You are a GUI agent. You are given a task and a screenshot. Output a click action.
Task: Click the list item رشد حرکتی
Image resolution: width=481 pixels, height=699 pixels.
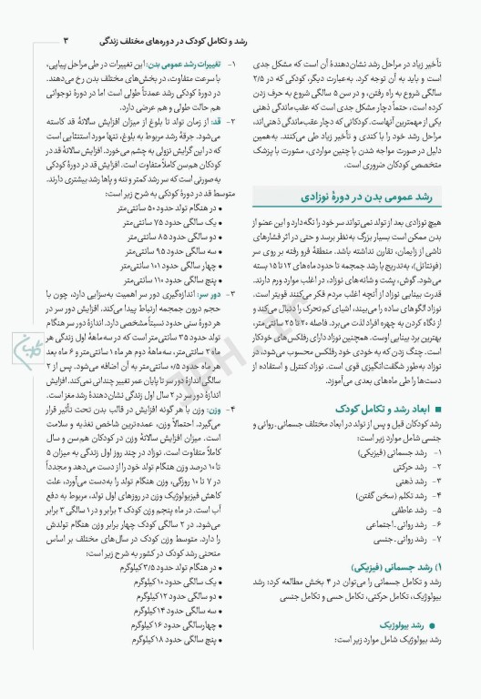point(404,467)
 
